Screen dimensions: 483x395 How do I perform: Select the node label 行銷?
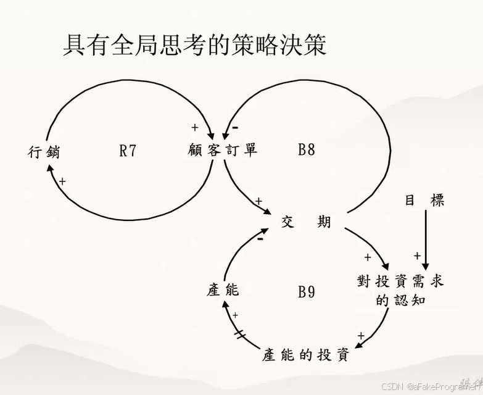click(44, 151)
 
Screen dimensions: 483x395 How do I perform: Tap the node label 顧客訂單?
click(223, 150)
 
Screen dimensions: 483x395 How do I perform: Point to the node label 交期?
click(306, 222)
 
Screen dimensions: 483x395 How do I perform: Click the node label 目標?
click(424, 201)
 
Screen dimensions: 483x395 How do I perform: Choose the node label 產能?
click(223, 289)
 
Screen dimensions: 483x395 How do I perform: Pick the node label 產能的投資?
click(306, 355)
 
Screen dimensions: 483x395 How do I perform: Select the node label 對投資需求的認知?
click(400, 290)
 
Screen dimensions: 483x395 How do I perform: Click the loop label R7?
click(127, 150)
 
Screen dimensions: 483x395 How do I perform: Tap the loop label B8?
click(307, 149)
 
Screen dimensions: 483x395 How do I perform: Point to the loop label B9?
click(307, 291)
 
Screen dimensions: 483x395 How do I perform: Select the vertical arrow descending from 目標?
click(425, 241)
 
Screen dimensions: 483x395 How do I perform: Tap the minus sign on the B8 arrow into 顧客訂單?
click(235, 128)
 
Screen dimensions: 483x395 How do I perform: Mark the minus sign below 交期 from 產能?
click(261, 238)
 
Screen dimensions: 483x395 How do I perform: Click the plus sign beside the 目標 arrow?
click(416, 256)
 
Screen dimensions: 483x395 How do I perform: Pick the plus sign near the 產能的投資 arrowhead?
click(361, 336)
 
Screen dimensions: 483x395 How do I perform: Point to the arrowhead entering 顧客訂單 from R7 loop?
click(212, 135)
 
